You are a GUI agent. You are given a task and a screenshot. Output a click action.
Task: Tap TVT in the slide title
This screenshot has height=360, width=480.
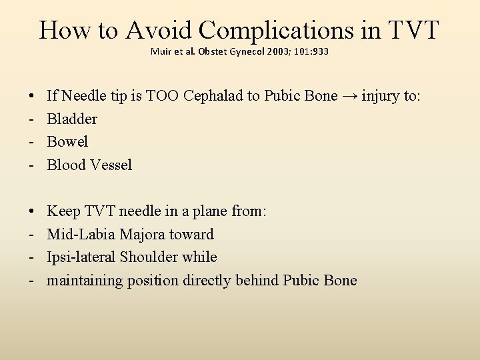click(413, 30)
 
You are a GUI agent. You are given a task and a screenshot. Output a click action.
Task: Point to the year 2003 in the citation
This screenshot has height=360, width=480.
click(281, 51)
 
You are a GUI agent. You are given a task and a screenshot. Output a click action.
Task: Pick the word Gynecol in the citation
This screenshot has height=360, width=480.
click(246, 51)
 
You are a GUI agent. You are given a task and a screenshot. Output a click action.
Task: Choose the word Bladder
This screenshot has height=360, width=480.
click(72, 119)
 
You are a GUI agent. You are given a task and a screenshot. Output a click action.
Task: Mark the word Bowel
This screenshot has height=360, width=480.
click(67, 142)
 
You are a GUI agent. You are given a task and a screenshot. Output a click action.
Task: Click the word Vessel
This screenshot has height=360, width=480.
click(109, 165)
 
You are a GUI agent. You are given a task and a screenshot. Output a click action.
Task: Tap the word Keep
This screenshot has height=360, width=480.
click(64, 211)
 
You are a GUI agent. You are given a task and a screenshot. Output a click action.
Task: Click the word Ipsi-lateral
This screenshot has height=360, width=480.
click(79, 257)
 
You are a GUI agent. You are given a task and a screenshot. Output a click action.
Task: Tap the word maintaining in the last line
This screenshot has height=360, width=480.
click(85, 280)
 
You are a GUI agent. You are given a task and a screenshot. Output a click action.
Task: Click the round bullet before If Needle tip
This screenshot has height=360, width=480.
click(33, 97)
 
